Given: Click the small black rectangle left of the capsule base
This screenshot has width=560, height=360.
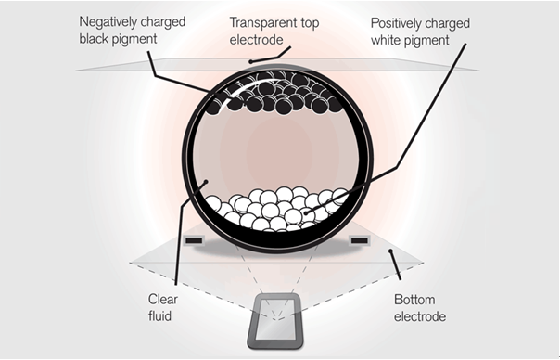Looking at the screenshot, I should tap(195, 243).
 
